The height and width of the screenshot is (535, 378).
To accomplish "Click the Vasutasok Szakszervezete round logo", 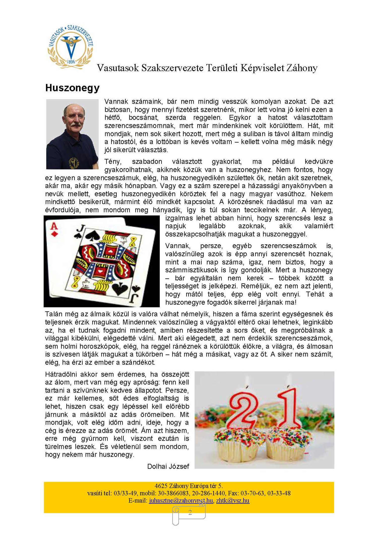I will coord(71,47).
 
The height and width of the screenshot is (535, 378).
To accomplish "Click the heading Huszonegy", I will coord(72,88).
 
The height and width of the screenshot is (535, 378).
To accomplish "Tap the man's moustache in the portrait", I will coord(75,125).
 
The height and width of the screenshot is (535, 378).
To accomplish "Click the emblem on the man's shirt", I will coord(74,163).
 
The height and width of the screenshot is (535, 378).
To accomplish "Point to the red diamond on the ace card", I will coord(54,234).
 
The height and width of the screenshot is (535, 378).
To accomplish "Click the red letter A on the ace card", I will coord(54,226).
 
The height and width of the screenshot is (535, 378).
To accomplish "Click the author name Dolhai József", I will coord(168,466).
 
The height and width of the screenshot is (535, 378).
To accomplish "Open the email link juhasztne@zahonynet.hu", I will coord(181,500).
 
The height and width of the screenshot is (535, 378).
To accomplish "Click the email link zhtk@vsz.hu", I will coord(233,500).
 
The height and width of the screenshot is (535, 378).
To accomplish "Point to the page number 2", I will coord(190,512).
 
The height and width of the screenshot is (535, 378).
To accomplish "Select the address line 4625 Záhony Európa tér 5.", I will coord(189,486).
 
